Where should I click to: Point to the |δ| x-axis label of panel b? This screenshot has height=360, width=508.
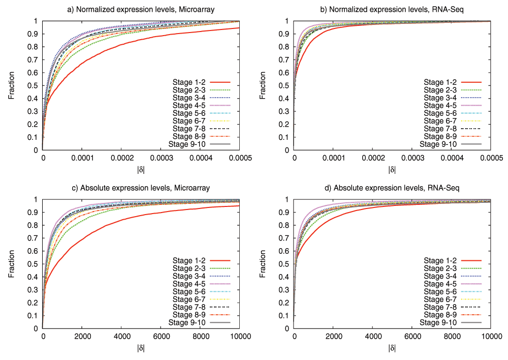coord(392,169)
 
